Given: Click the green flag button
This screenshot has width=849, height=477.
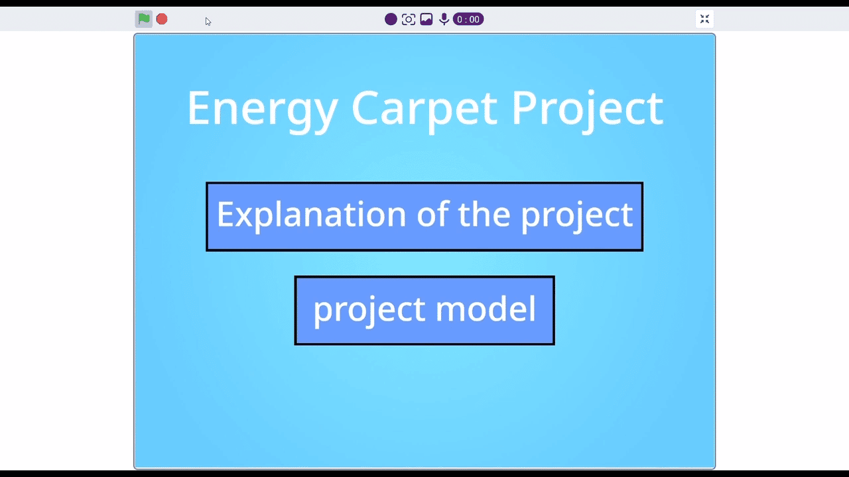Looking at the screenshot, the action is [144, 19].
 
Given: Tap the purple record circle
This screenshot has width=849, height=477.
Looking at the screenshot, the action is [391, 19].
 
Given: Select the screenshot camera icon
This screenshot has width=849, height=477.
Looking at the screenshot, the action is [408, 19].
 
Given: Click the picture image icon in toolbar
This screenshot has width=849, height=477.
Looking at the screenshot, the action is [426, 19].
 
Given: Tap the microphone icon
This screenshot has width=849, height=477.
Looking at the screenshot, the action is [444, 19].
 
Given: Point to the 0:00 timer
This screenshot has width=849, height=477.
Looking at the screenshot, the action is [468, 19].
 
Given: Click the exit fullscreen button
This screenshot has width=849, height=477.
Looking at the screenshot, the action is [704, 19].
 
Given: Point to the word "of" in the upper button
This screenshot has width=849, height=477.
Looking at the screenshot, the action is [433, 213].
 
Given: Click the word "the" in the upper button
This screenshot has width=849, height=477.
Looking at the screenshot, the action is [484, 213].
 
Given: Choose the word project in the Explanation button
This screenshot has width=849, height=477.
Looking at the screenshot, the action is [577, 217].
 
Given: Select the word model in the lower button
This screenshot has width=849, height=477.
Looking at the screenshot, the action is [486, 308].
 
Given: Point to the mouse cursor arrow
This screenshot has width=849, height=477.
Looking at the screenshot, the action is [208, 22].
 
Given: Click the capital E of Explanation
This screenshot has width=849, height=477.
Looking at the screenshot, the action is [226, 214].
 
